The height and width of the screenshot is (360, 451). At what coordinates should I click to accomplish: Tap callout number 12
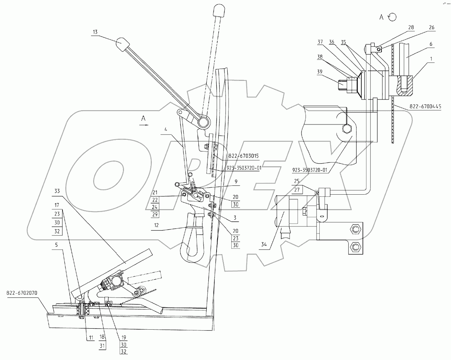[x=156, y=225]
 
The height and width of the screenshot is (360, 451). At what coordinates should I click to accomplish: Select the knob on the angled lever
[x=122, y=45]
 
